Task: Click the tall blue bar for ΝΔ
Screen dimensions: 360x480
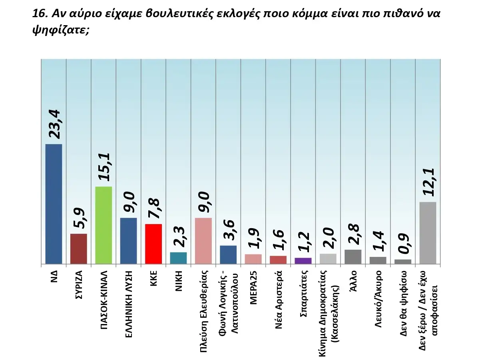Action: click(x=54, y=204)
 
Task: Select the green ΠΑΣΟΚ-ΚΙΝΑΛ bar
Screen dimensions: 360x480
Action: click(x=104, y=225)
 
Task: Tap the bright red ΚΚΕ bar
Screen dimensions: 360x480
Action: click(x=153, y=244)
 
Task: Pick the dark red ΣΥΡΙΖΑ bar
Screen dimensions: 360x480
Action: click(x=78, y=249)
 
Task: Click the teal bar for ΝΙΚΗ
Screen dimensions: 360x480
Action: click(x=178, y=258)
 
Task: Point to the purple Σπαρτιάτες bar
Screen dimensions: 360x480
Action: click(x=303, y=261)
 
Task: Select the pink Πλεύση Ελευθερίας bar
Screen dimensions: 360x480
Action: click(x=203, y=241)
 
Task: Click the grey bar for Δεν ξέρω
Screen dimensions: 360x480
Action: click(x=428, y=233)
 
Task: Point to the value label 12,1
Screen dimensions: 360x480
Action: click(x=429, y=182)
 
